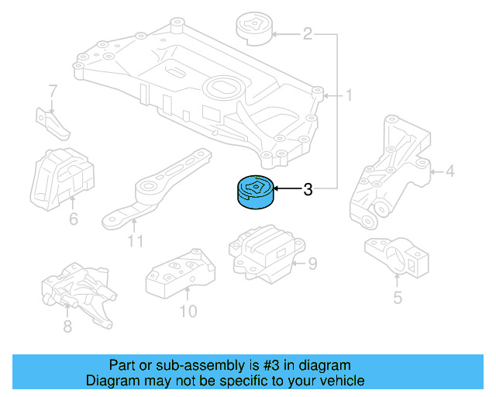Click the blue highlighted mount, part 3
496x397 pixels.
(255, 192)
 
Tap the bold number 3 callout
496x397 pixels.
(308, 189)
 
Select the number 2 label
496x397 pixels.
(308, 33)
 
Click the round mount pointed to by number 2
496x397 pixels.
(254, 29)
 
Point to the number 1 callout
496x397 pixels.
(349, 95)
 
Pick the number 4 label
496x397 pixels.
(449, 171)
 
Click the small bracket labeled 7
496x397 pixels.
(53, 124)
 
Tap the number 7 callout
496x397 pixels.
(53, 91)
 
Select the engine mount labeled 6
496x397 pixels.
(62, 179)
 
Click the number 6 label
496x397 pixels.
(74, 219)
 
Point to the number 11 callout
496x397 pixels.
(136, 240)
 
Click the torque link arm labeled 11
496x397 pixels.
(157, 189)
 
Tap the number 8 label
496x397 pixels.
(67, 326)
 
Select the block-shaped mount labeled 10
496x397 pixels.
(181, 273)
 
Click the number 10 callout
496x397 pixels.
(188, 311)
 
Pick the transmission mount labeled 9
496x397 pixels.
(267, 254)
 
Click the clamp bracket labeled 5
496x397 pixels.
(397, 255)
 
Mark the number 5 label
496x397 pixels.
(398, 298)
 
